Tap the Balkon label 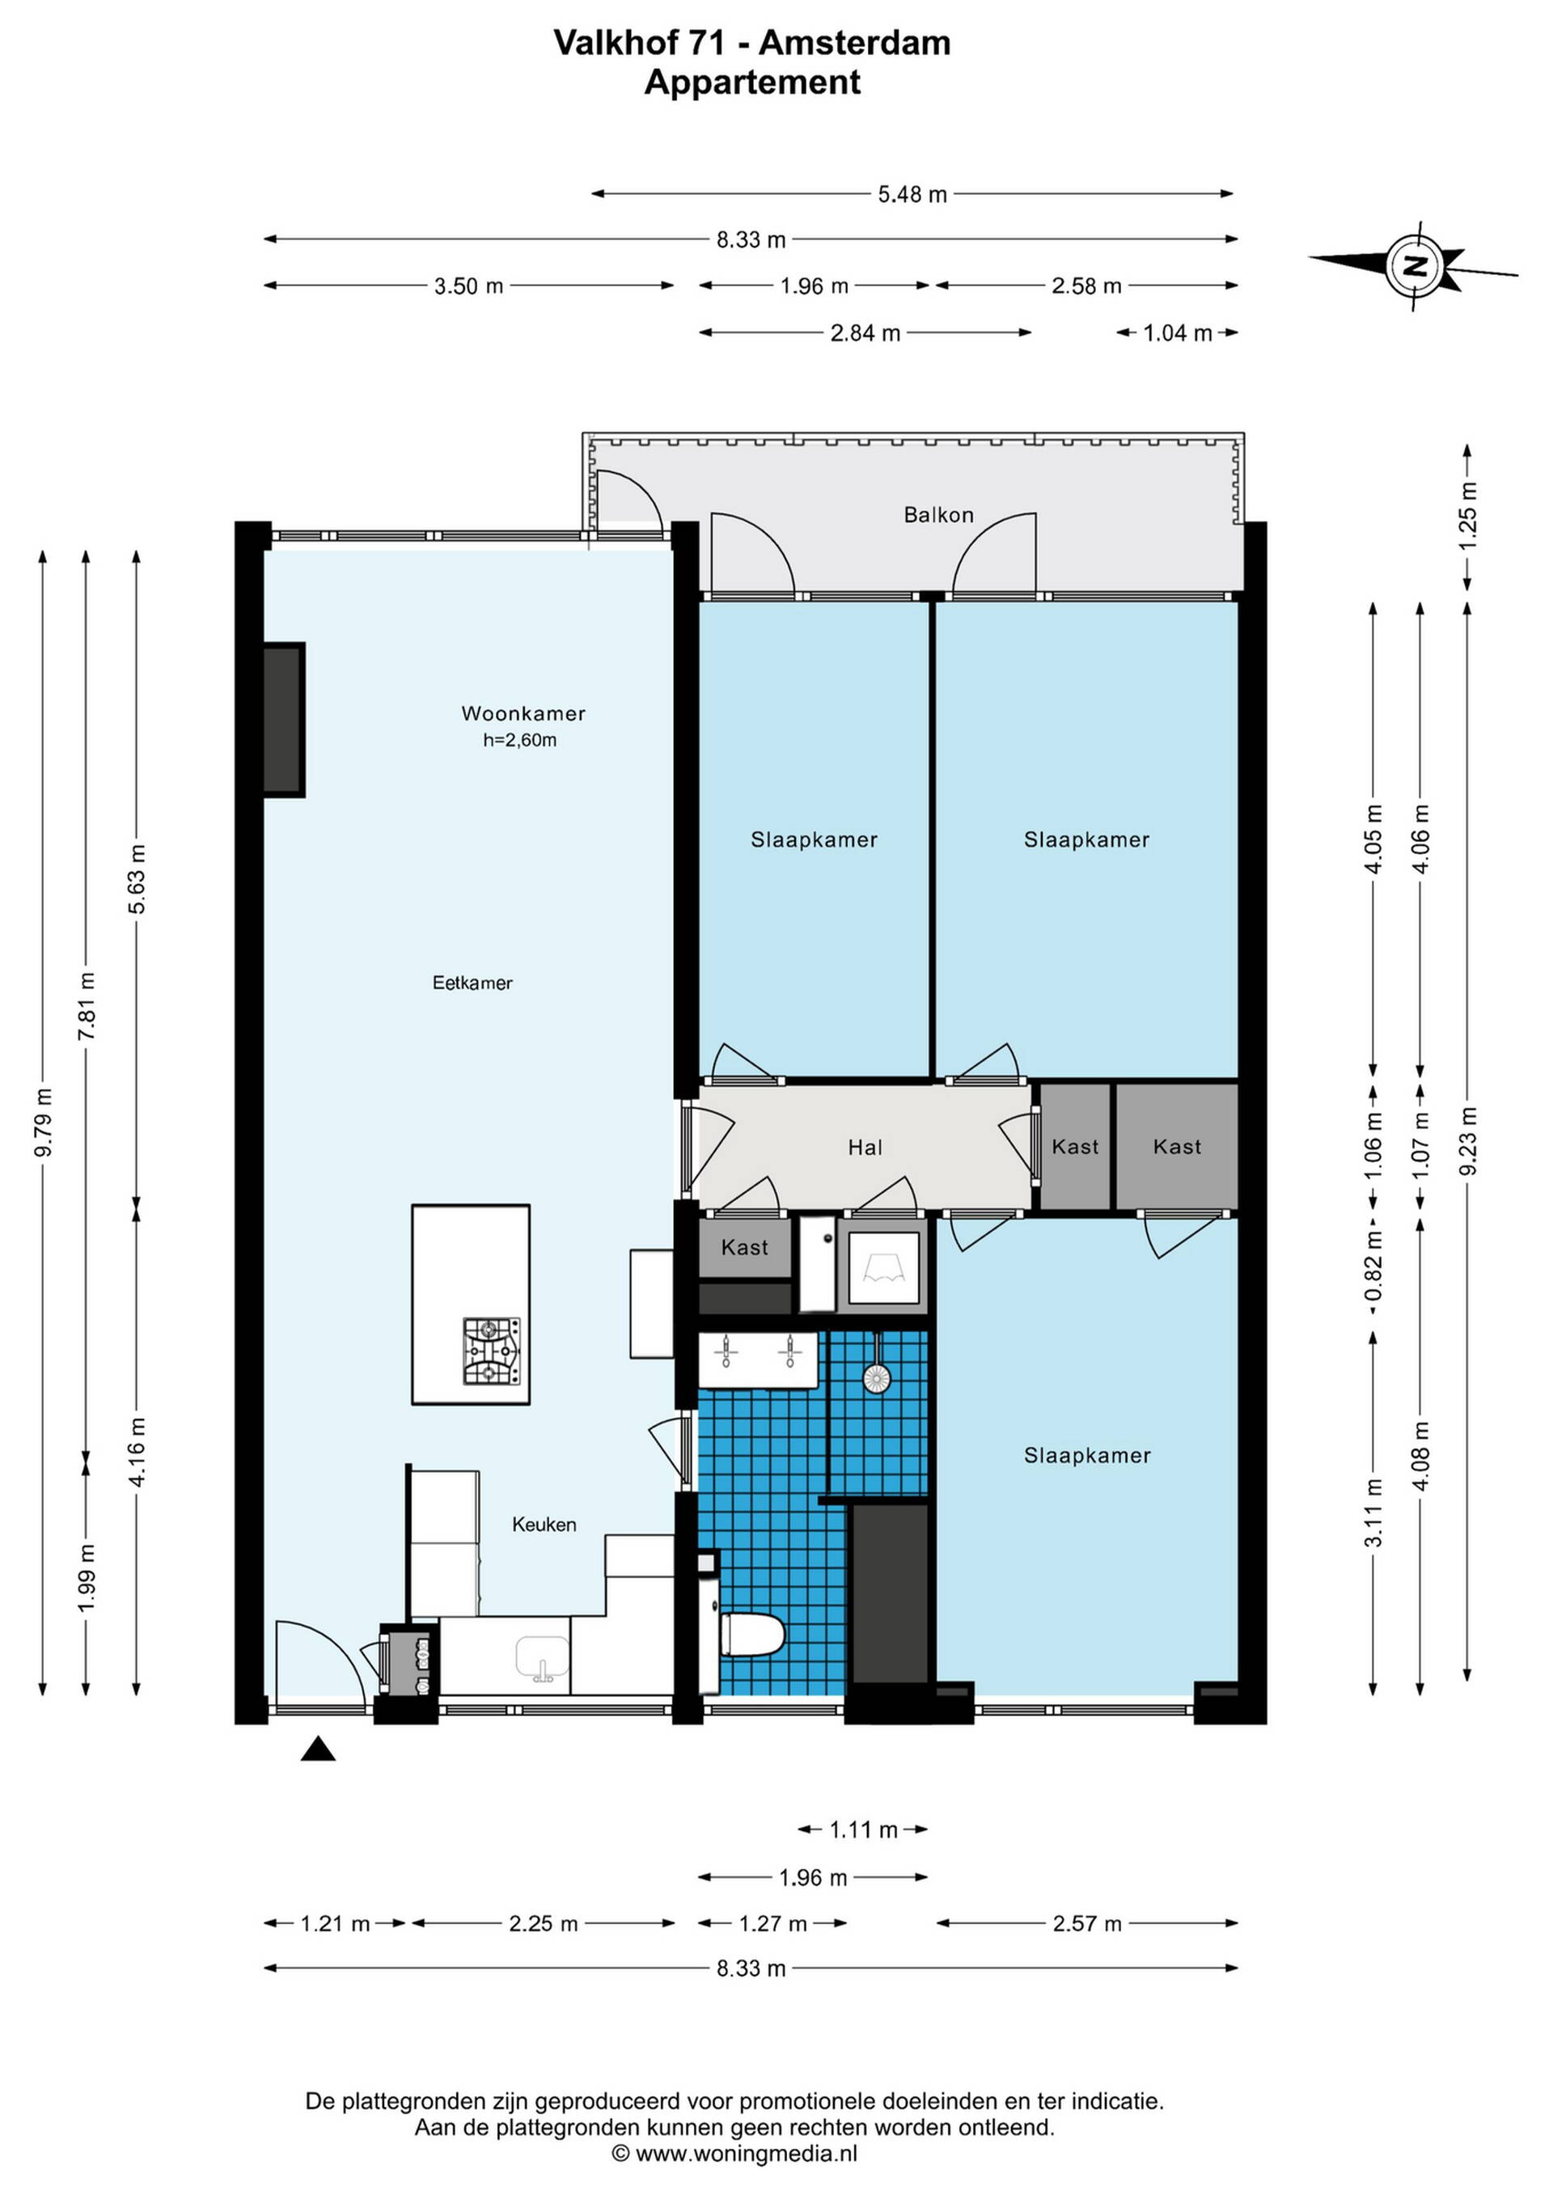938,515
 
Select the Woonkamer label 523,713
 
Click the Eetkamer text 472,983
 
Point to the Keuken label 544,1525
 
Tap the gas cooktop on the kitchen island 493,1351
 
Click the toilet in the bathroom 751,1635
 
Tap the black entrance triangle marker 319,1749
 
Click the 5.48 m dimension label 912,194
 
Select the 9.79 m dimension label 43,1123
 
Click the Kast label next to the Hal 1075,1146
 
